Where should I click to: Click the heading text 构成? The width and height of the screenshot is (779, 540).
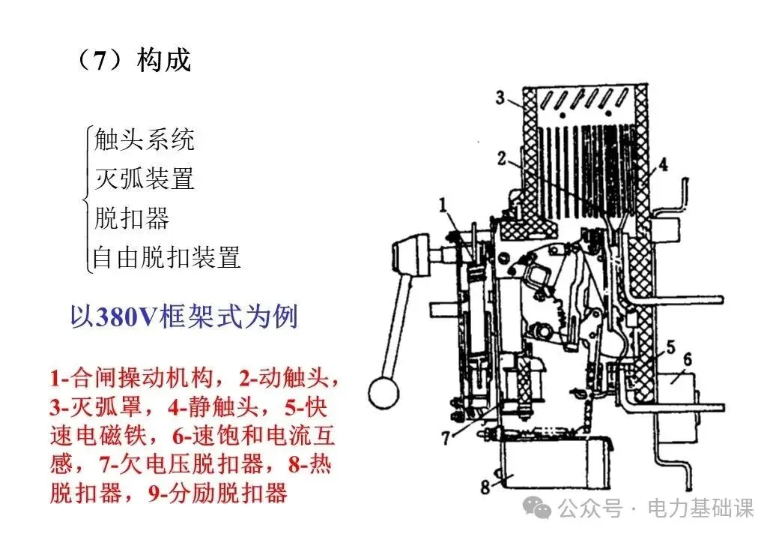[x=164, y=61]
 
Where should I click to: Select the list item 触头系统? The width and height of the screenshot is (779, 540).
[x=145, y=139]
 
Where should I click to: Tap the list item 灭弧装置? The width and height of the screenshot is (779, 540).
[x=145, y=178]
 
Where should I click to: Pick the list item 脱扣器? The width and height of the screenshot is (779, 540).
[x=132, y=217]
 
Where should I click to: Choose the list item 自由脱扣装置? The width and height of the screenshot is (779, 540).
[x=167, y=257]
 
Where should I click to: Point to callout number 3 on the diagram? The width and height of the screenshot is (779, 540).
[x=500, y=97]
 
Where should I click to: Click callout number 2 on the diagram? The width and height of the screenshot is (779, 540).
[x=502, y=158]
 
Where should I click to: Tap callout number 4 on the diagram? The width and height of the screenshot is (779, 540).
[x=663, y=164]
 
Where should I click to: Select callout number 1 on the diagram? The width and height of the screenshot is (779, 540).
[x=443, y=204]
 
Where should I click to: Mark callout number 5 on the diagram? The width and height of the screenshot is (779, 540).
[x=670, y=347]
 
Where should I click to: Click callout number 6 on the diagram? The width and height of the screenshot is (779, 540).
[x=688, y=359]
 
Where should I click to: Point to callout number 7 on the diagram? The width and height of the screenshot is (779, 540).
[x=446, y=438]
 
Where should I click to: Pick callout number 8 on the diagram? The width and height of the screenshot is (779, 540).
[x=485, y=487]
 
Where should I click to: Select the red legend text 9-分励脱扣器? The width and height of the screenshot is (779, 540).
[x=218, y=493]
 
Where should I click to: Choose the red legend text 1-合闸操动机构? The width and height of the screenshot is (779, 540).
[x=132, y=379]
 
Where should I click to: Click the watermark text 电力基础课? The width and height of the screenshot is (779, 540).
[x=700, y=508]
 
